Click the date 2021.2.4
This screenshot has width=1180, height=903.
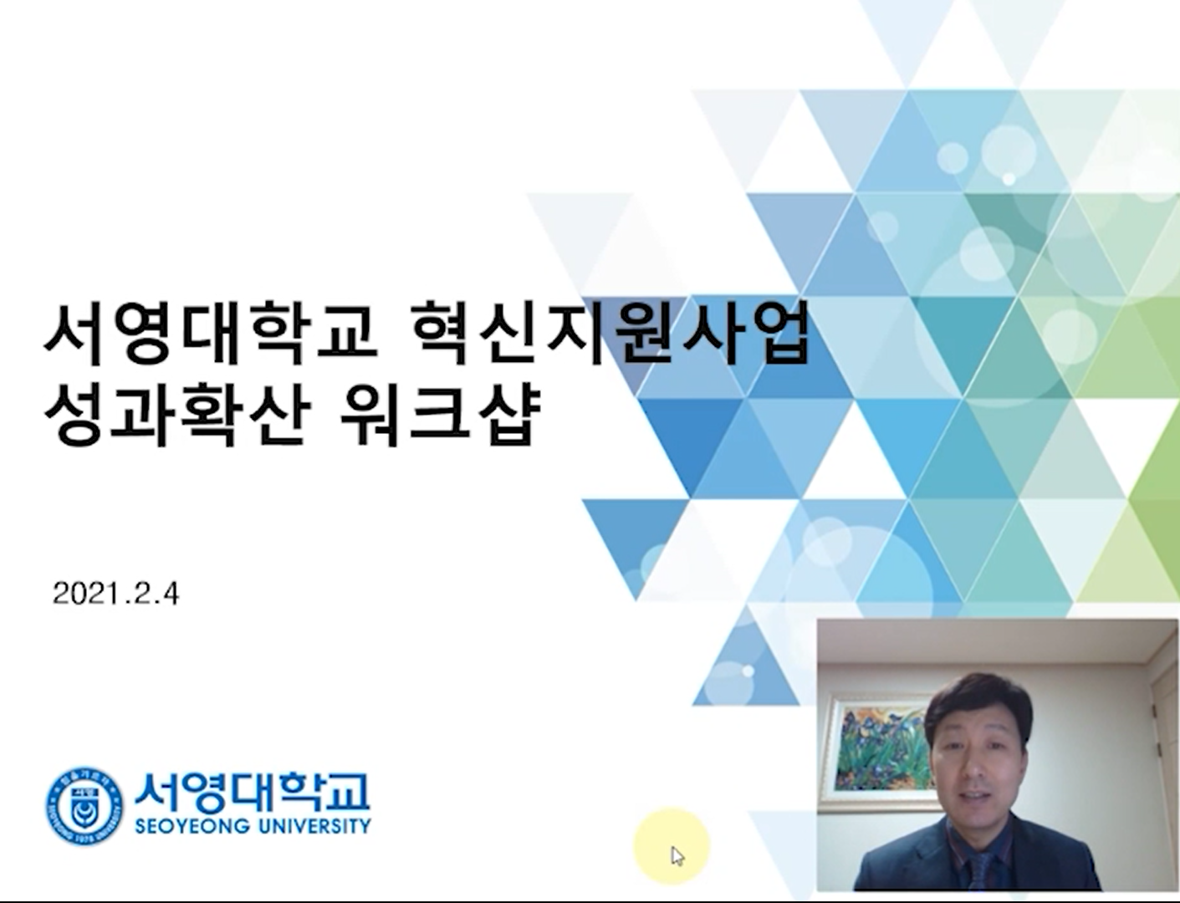(x=115, y=594)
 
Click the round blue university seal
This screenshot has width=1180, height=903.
(x=84, y=807)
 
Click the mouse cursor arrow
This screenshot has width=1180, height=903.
(x=677, y=855)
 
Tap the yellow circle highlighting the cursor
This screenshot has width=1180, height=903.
(x=672, y=846)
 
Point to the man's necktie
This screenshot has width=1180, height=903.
(x=983, y=871)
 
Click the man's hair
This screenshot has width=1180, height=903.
(x=978, y=699)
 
